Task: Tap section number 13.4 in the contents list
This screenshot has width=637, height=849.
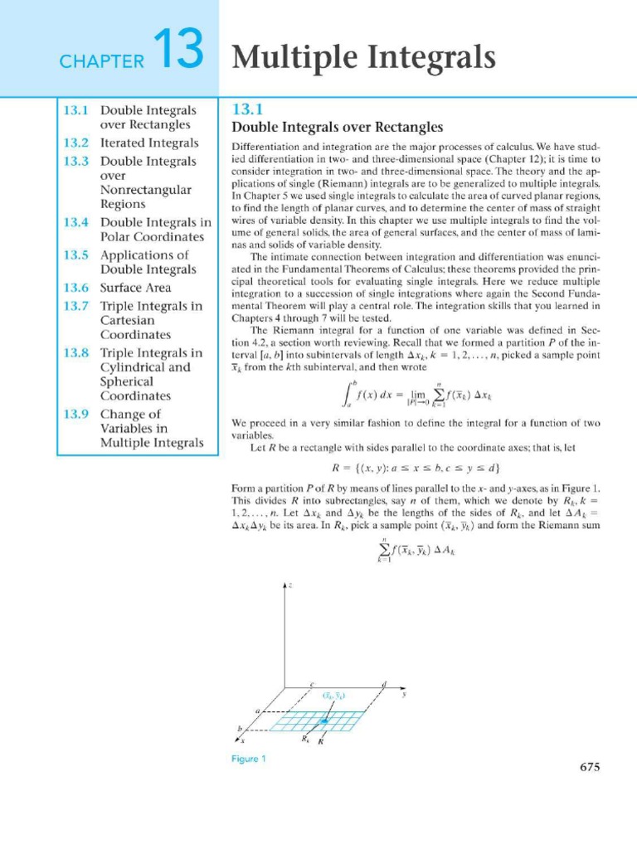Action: pos(76,222)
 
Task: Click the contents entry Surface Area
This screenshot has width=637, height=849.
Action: pos(135,288)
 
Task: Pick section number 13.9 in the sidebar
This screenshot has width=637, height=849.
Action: pos(76,414)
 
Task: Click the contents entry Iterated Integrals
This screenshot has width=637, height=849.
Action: pos(149,143)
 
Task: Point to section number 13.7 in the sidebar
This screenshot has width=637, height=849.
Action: pos(76,306)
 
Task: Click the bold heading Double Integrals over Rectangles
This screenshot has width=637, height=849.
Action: pos(337,127)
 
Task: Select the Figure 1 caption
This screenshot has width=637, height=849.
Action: pos(248,758)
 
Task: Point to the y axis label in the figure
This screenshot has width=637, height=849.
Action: pos(404,695)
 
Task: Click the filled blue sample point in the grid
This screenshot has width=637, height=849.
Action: pos(325,722)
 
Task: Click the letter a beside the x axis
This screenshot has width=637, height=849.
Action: pos(257,711)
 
